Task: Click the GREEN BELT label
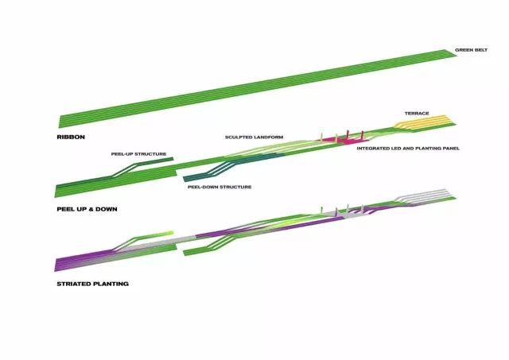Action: (471, 50)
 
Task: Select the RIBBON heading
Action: (71, 137)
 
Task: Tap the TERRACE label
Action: (417, 113)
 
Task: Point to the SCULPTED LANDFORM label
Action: (254, 137)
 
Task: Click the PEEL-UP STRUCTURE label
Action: (138, 154)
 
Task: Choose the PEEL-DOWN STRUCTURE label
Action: (220, 187)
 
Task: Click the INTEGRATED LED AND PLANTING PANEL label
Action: (408, 149)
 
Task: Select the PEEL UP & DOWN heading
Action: (87, 209)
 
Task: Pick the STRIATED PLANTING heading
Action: (92, 284)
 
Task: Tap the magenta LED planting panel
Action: (344, 139)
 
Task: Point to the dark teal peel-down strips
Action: (234, 166)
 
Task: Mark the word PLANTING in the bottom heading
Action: (111, 284)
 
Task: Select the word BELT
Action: (480, 50)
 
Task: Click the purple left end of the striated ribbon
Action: (65, 263)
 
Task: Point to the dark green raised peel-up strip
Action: (143, 166)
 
